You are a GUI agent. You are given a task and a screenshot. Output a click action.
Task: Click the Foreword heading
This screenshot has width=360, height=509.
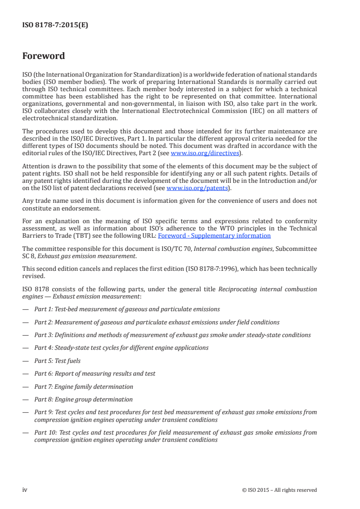pos(44,56)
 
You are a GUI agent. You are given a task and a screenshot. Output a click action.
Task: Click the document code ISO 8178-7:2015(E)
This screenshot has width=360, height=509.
pos(55,25)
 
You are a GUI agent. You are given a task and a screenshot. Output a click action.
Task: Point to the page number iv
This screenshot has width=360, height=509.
pos(25,489)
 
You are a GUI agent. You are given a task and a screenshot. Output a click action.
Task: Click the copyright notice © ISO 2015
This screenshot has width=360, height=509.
pos(280,490)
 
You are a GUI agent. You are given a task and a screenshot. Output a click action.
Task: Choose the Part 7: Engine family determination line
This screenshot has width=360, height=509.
pos(84,387)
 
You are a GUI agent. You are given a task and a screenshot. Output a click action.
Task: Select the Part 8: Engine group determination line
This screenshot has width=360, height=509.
pos(84,399)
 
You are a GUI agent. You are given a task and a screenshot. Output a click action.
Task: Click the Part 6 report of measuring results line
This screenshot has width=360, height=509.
pos(95,373)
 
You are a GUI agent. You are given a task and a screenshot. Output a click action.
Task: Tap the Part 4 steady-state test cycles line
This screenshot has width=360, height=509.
pos(121,347)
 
